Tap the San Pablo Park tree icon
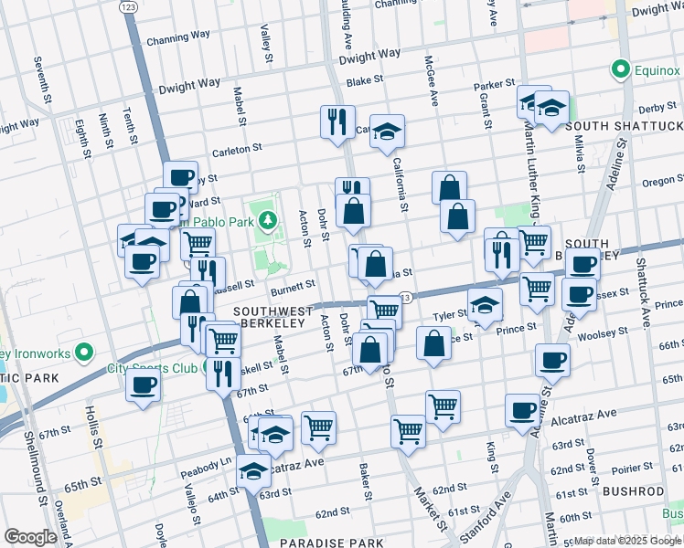[267, 219]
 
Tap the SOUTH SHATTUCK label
[624, 125]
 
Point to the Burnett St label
[293, 285]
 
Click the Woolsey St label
[601, 334]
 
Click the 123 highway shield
[128, 6]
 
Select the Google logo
[30, 537]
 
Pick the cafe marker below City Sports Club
[144, 385]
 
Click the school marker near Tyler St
[486, 306]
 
